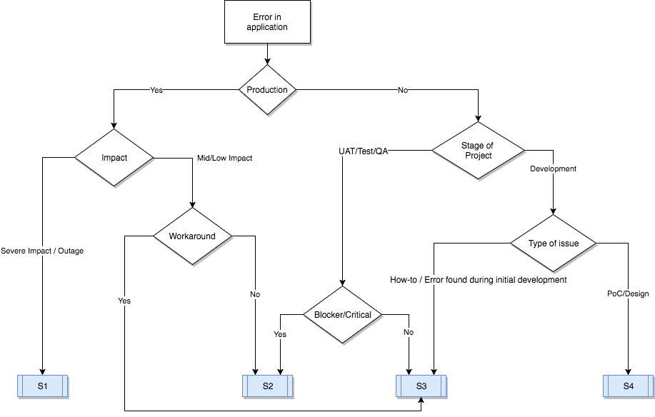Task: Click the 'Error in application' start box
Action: click(267, 22)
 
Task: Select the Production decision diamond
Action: click(267, 90)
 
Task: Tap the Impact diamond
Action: click(114, 158)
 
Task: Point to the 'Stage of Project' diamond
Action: click(478, 151)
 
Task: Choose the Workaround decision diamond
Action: click(191, 236)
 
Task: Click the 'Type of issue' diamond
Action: click(553, 243)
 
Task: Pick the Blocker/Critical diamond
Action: click(342, 315)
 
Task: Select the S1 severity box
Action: click(42, 386)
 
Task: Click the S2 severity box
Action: click(267, 386)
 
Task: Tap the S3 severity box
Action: click(421, 386)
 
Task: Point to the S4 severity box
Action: click(628, 386)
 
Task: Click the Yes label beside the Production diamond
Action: click(156, 91)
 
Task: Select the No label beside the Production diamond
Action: click(402, 91)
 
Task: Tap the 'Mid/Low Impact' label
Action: click(224, 158)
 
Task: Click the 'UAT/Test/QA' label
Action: click(363, 151)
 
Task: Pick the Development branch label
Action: click(553, 169)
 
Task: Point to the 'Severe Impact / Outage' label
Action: click(42, 251)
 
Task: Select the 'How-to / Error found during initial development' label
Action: click(478, 280)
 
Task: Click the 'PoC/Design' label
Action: click(628, 293)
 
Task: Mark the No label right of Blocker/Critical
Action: click(408, 333)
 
